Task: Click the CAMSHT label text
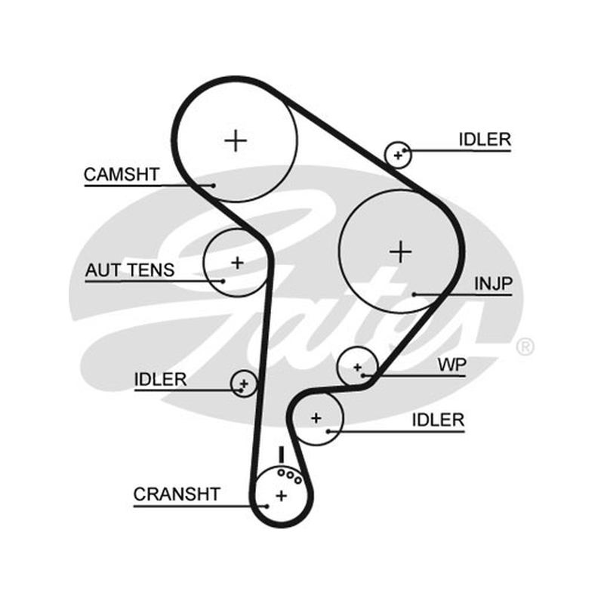(122, 174)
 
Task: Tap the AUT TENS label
(130, 270)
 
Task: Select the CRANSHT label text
(177, 495)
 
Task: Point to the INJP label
(493, 284)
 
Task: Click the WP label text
(451, 365)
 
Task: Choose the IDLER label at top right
(485, 140)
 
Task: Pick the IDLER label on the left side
(160, 380)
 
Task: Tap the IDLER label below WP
(438, 420)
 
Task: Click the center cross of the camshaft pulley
(236, 140)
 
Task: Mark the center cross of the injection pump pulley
(401, 252)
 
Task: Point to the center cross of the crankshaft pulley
(281, 495)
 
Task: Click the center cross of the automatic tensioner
(237, 263)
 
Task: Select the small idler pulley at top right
(399, 155)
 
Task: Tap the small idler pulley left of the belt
(243, 384)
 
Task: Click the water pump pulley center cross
(357, 367)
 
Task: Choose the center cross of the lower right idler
(316, 418)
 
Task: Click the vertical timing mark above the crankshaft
(281, 455)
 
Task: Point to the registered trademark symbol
(525, 347)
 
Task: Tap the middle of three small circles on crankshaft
(290, 476)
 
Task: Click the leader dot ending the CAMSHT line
(213, 186)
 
